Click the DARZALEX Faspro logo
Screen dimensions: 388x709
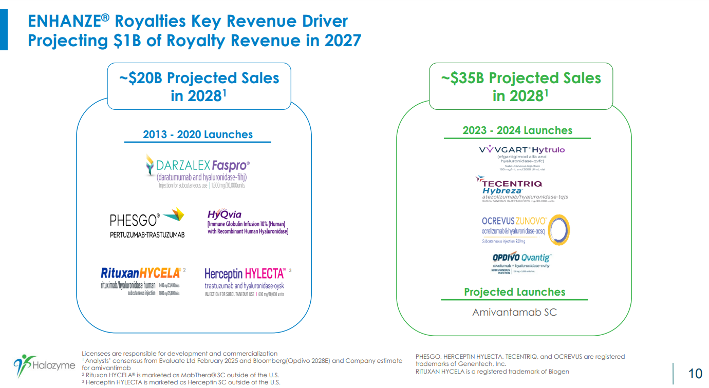click(197, 171)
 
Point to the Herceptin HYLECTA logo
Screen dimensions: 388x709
click(245, 281)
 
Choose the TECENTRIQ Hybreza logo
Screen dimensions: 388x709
click(521, 189)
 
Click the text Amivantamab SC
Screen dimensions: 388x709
click(514, 312)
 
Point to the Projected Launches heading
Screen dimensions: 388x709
click(514, 292)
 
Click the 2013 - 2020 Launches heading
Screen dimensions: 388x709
click(198, 134)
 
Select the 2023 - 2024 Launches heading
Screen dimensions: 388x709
click(517, 130)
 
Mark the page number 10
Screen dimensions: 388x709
click(695, 373)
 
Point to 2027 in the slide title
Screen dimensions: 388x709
click(342, 41)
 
